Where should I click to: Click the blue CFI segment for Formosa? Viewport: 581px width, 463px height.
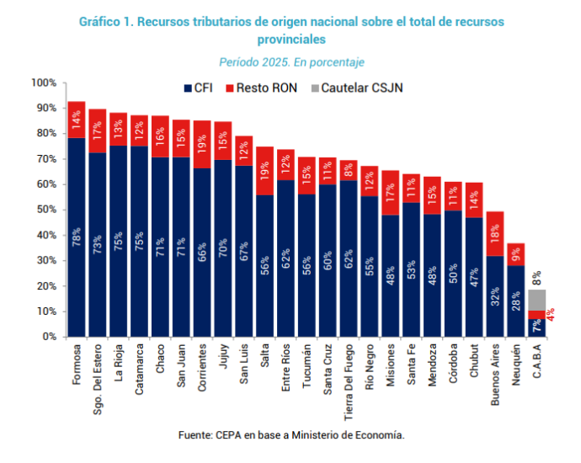(77, 237)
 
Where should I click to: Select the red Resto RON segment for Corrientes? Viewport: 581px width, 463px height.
(202, 145)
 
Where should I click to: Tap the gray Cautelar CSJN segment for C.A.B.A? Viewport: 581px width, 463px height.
(537, 300)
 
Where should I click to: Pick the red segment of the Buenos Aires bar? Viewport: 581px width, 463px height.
(495, 234)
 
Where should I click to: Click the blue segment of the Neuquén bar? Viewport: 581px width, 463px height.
(516, 301)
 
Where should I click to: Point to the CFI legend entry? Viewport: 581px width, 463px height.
(198, 88)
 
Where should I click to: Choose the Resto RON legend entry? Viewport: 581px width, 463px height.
(262, 88)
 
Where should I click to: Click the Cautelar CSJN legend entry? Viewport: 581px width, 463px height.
(357, 88)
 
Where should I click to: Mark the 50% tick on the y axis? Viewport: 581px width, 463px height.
(65, 210)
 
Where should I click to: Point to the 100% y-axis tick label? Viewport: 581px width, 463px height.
(44, 82)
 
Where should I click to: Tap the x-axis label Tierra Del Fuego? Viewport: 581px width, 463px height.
(349, 383)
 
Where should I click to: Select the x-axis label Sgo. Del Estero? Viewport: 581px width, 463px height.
(97, 380)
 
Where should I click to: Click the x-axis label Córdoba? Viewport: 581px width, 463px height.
(453, 364)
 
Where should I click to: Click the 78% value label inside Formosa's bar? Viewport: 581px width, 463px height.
(77, 237)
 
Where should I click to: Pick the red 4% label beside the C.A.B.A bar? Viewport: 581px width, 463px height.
(551, 314)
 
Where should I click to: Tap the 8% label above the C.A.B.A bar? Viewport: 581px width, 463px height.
(537, 278)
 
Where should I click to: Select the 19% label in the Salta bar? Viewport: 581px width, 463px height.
(264, 171)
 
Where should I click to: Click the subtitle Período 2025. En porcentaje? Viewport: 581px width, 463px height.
(291, 62)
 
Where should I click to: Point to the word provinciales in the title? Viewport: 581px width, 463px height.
(291, 40)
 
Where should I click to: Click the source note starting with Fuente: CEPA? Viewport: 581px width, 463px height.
(291, 435)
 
